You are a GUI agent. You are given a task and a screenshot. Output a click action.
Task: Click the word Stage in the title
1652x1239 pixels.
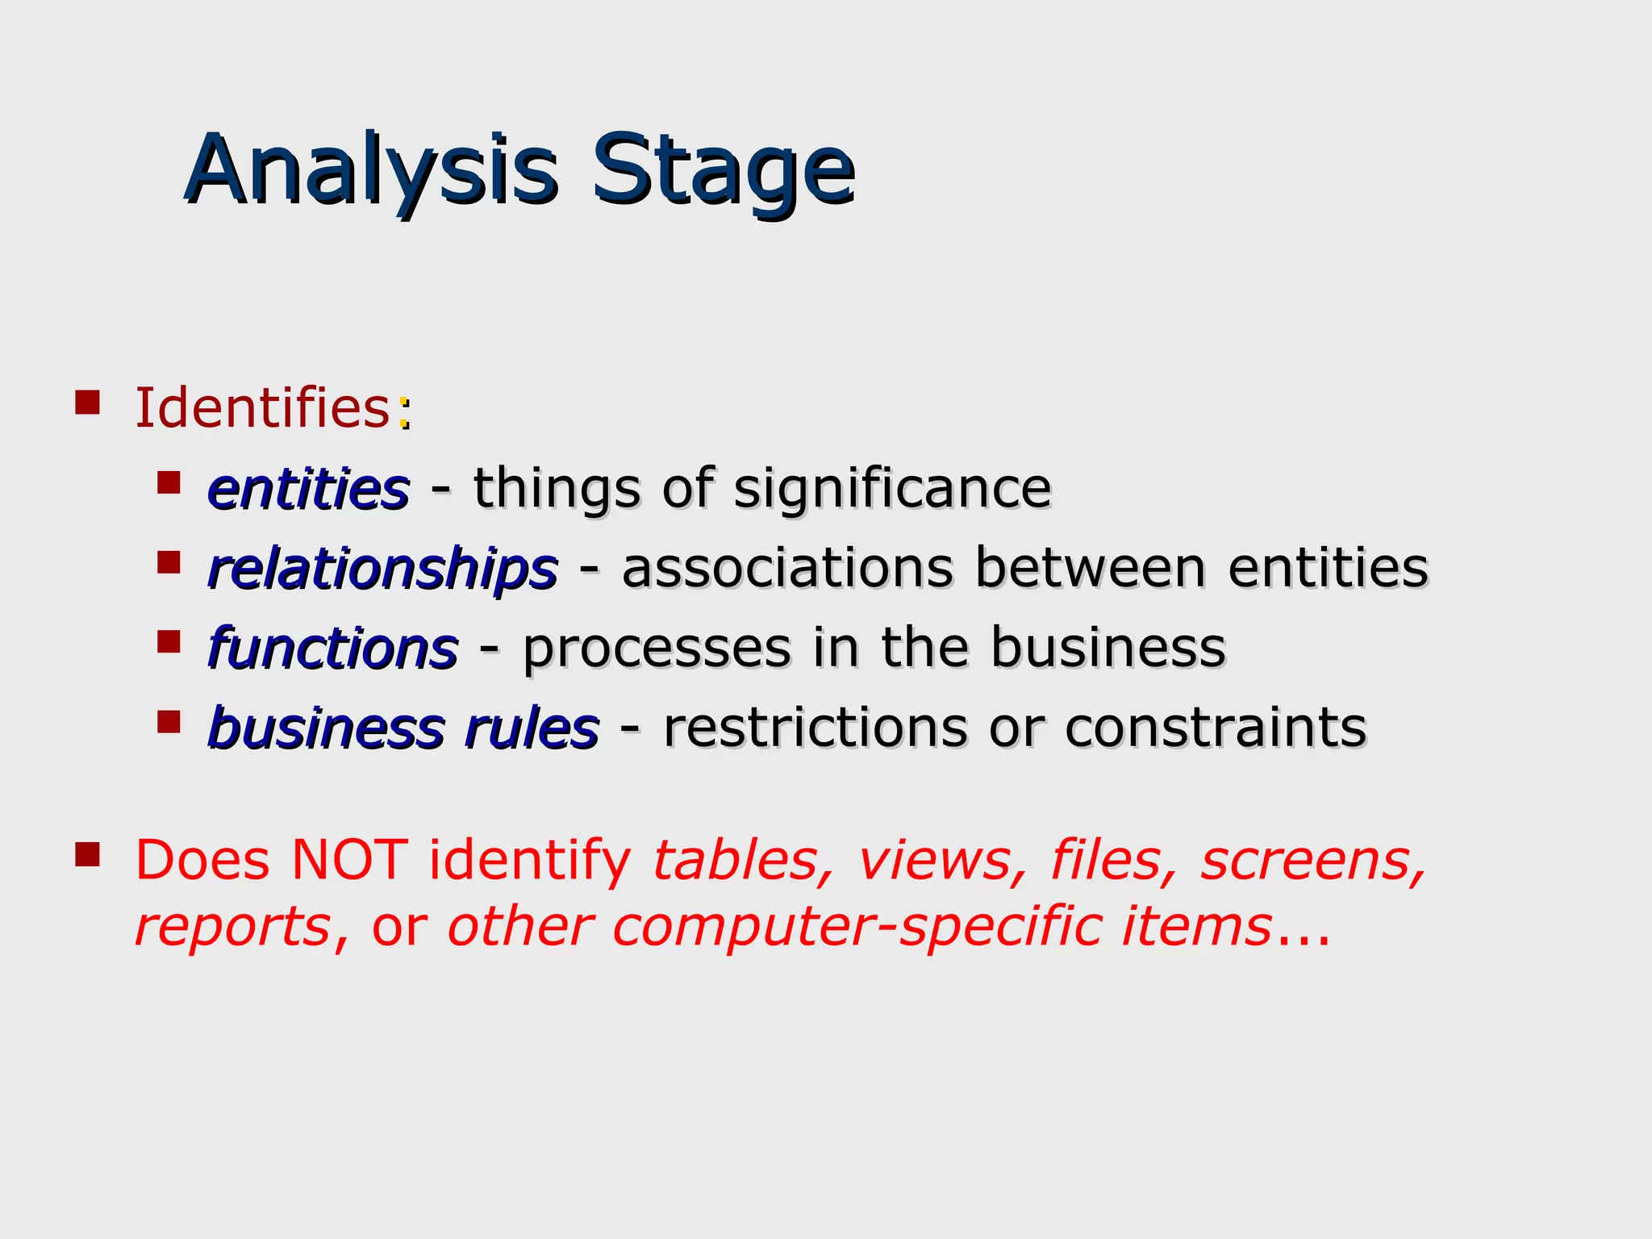(723, 171)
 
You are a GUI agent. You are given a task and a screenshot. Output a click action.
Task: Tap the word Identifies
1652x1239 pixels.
(263, 408)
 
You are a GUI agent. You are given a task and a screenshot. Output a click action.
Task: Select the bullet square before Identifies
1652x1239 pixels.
(87, 402)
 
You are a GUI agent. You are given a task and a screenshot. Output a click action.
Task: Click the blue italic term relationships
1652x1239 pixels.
(382, 569)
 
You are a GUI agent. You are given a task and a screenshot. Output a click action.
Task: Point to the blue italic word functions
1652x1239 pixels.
(332, 649)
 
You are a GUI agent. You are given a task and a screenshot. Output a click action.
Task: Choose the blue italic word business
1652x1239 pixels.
(326, 728)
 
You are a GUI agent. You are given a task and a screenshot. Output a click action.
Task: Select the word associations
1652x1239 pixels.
(787, 569)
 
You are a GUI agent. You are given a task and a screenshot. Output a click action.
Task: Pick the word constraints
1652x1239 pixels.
(1216, 728)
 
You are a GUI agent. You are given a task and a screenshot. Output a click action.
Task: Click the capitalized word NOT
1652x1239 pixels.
(349, 860)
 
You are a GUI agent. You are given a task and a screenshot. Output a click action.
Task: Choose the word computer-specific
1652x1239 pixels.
(857, 927)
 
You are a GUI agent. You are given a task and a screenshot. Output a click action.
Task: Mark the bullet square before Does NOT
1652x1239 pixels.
(87, 853)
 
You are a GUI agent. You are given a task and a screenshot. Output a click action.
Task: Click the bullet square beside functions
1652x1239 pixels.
(169, 642)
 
